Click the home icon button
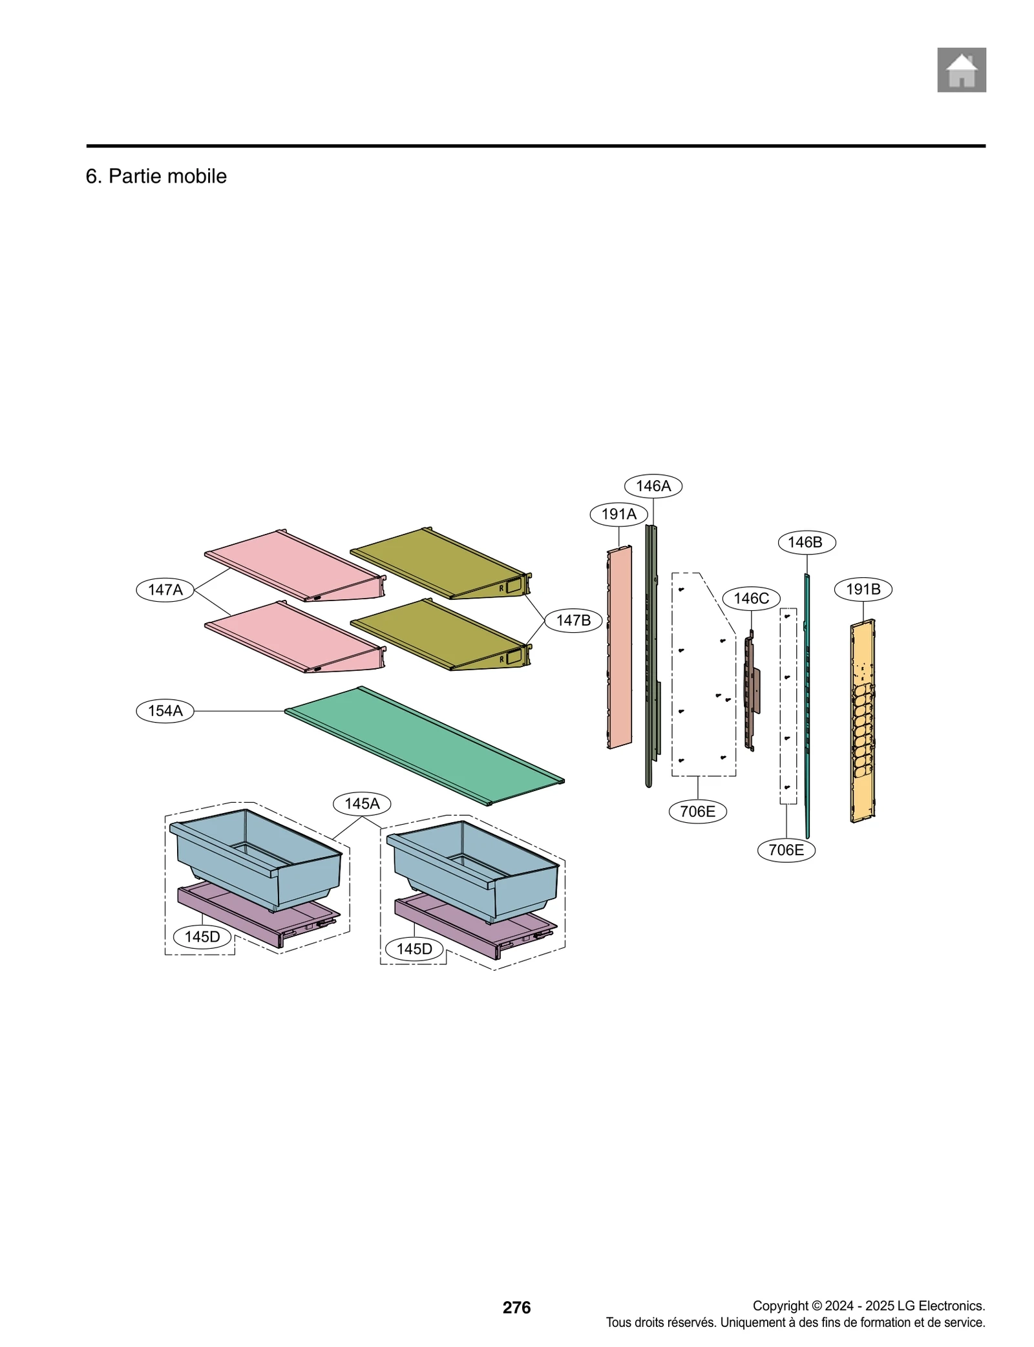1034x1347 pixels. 961,70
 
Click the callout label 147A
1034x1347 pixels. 165,589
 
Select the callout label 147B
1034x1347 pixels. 573,620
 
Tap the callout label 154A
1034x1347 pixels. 165,711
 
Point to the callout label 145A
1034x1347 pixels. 361,803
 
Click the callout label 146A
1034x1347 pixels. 653,486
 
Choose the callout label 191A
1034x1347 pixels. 618,514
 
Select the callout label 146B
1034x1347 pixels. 806,542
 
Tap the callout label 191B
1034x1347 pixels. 863,589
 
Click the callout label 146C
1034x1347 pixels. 751,599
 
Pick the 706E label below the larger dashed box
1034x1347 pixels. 697,811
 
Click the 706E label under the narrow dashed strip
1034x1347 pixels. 786,850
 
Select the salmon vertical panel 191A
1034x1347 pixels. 620,646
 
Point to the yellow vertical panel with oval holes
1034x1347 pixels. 863,721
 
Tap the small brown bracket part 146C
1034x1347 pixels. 751,692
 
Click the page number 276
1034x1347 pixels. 516,1307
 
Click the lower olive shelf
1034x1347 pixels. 439,637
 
